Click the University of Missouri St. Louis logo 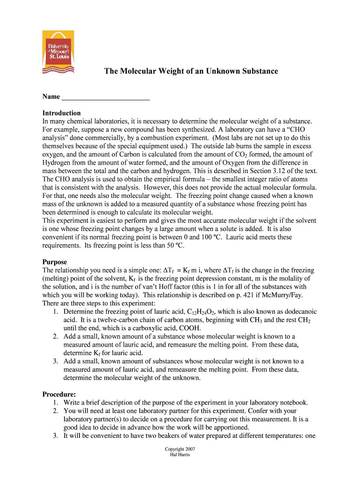(58, 51)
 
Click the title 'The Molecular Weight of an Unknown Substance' (191, 71)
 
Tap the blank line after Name (106, 97)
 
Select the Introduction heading (62, 113)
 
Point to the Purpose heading (55, 262)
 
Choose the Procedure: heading (59, 394)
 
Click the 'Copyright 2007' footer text (180, 449)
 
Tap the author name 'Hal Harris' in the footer (180, 455)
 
